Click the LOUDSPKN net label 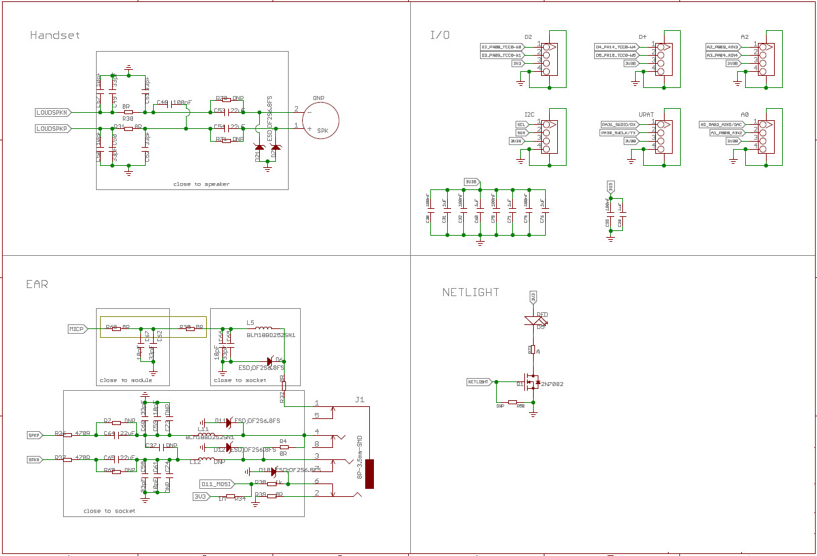(x=52, y=112)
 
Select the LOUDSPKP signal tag (x=52, y=128)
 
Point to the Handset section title (x=55, y=35)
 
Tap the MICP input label (x=77, y=329)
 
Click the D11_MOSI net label (x=217, y=483)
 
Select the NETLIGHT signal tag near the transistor (x=479, y=381)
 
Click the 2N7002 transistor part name (x=551, y=384)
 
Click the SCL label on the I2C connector (x=520, y=125)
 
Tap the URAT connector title (x=646, y=114)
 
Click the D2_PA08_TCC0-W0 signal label (x=501, y=46)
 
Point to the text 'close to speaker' (x=201, y=184)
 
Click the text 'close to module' (x=126, y=380)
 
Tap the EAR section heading (x=37, y=284)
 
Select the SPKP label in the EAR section (x=34, y=434)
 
